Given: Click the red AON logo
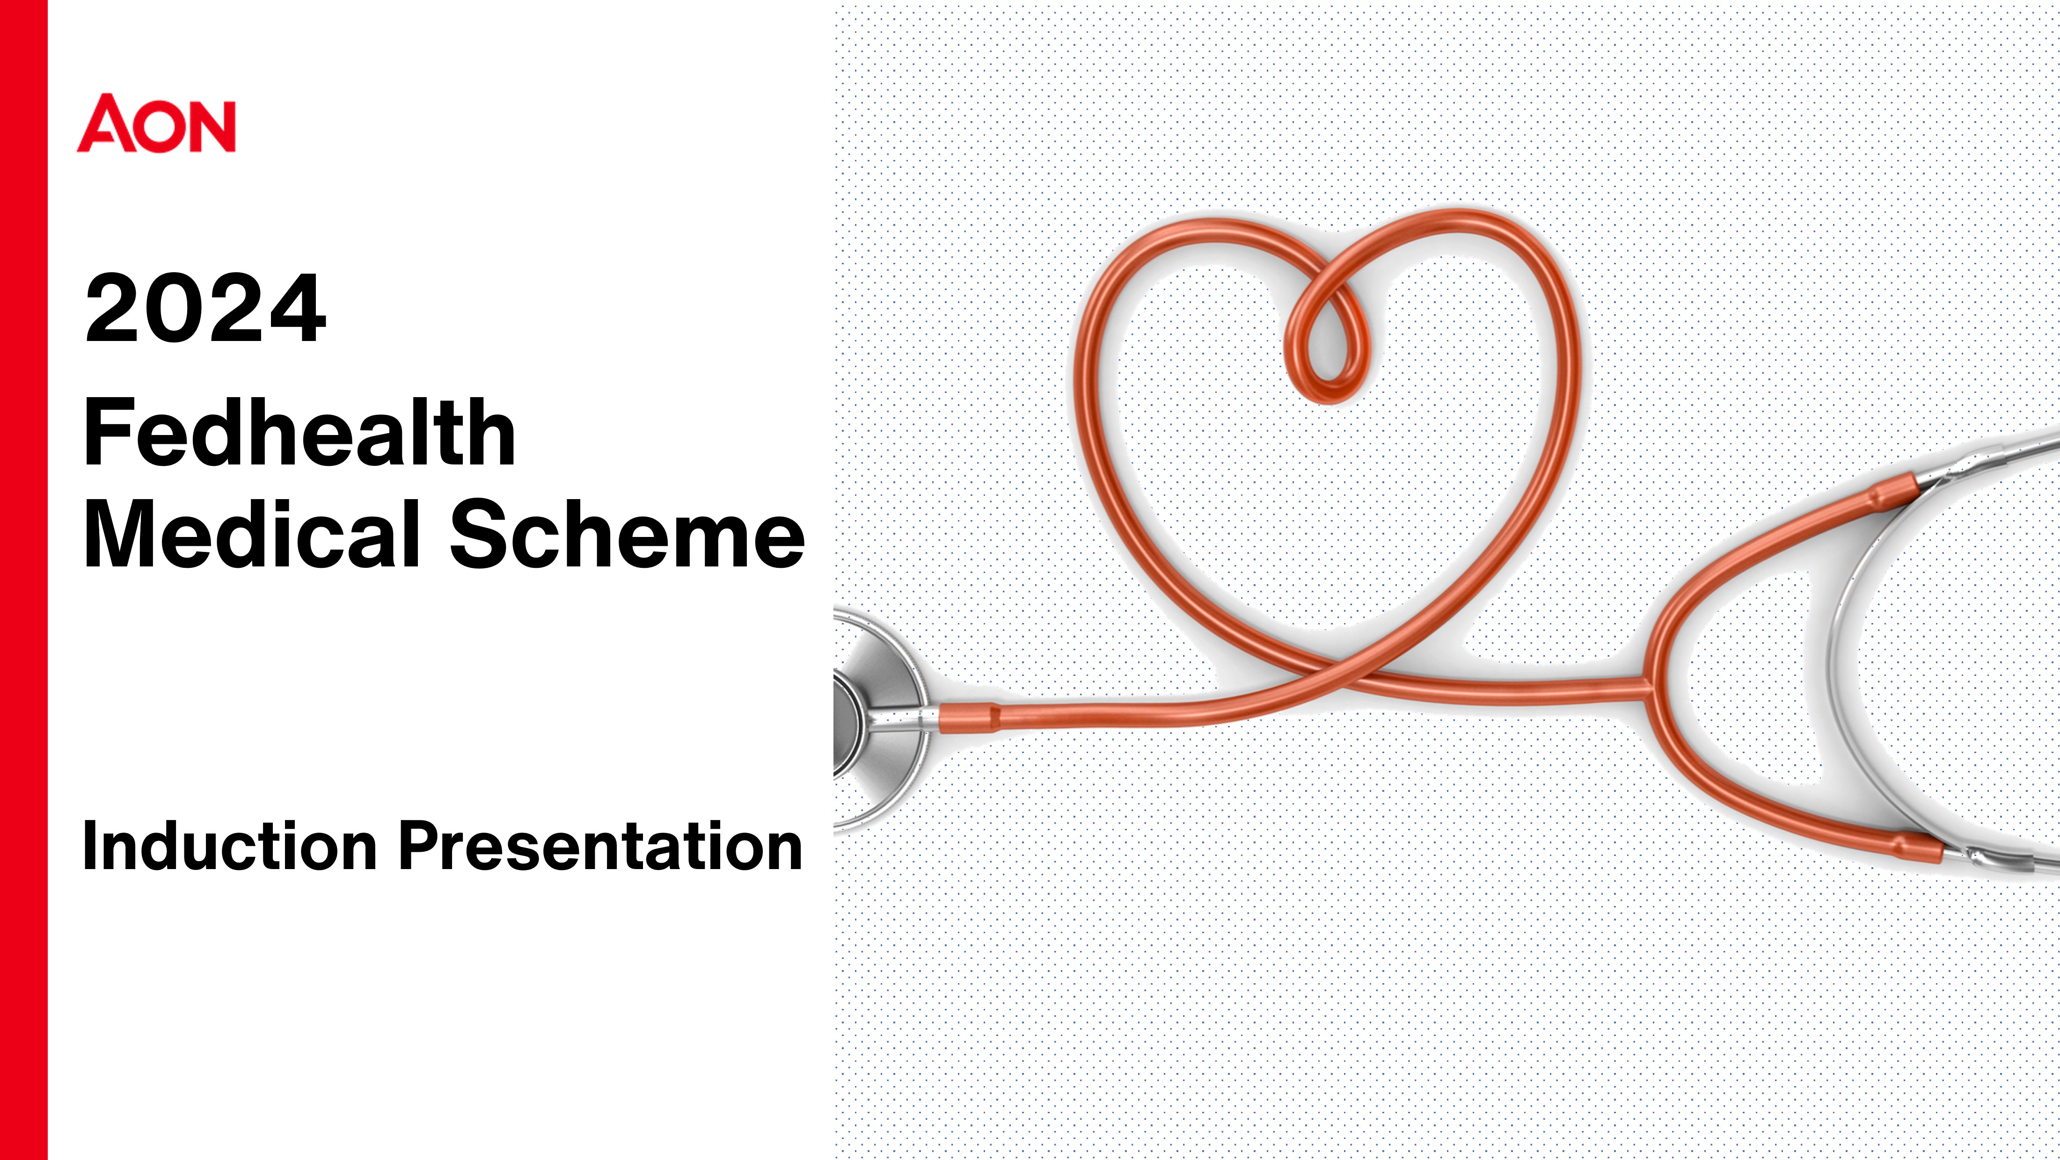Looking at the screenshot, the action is pos(156,123).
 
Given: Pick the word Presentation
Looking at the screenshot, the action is pos(600,845).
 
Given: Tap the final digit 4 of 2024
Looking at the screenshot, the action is pos(298,309).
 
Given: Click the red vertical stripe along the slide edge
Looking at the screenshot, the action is pos(24,580).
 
